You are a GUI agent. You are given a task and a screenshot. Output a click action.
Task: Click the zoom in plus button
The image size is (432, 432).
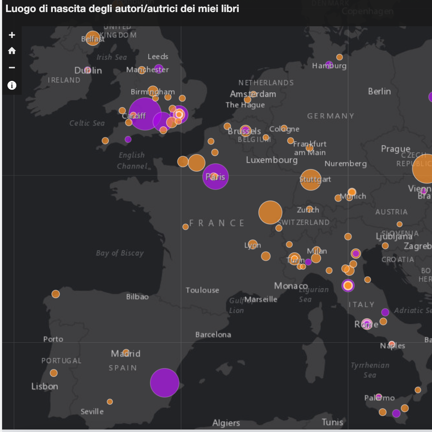12,35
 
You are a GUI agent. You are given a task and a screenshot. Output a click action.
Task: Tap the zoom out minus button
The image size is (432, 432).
12,67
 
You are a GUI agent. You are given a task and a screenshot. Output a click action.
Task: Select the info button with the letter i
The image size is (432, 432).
12,85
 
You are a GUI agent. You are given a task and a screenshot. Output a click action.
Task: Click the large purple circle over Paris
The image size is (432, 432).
216,177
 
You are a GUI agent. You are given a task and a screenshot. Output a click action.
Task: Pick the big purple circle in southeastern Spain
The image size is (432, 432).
165,383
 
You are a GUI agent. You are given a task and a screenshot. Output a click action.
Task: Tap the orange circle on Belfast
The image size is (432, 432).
93,38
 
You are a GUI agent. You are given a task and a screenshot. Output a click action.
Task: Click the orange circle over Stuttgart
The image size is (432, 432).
310,179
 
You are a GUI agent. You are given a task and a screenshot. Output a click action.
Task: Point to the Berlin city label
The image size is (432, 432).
380,92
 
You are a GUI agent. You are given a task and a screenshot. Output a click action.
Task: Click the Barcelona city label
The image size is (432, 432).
213,334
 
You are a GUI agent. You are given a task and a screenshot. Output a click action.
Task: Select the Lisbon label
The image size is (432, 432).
45,386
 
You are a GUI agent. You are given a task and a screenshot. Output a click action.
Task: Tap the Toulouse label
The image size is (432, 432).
203,290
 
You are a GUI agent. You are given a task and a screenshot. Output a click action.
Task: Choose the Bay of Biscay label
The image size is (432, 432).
120,253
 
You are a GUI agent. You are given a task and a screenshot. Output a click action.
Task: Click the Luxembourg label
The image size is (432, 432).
272,160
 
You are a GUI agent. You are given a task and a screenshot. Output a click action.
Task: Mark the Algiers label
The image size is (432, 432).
226,423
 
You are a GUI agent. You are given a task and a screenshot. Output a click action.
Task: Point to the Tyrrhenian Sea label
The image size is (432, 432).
370,370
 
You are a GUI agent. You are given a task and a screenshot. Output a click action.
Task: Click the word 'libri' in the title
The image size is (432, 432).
231,9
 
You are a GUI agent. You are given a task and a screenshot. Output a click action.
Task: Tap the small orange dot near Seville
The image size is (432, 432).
110,401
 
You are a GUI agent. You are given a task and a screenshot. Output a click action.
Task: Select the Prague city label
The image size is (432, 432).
395,149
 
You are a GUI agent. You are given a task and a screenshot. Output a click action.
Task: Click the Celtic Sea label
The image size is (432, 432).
87,123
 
